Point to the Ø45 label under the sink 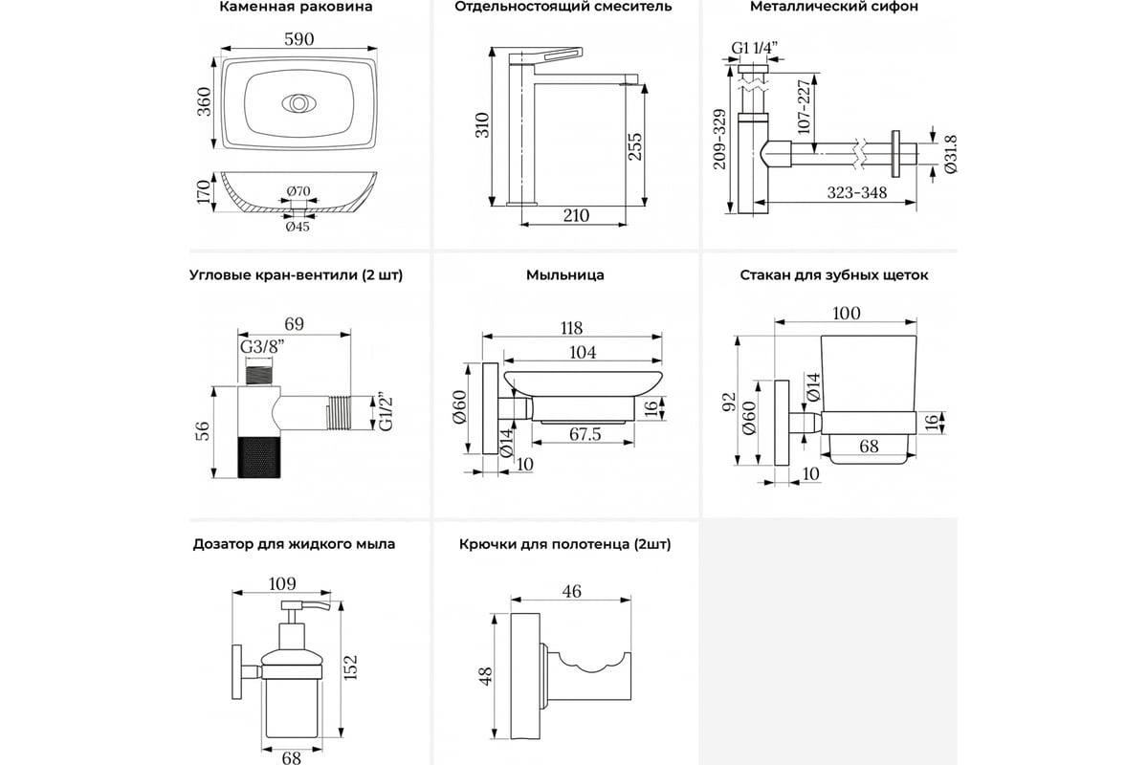point(296,227)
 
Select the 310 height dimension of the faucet point(482,124)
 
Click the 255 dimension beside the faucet point(635,144)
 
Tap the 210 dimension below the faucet point(575,216)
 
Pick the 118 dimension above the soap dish point(573,326)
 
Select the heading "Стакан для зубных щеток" point(833,275)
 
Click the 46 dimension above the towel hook point(571,592)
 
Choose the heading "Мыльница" point(564,275)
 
